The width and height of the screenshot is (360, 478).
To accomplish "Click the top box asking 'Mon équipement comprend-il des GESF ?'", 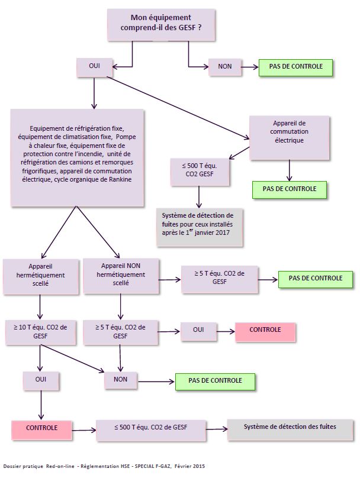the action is [x=161, y=25].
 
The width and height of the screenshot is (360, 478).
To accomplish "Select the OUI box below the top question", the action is [x=94, y=67].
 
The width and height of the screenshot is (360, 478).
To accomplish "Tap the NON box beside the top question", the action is [x=225, y=67].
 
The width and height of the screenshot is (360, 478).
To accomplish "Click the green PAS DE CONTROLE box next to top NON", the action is [x=295, y=67].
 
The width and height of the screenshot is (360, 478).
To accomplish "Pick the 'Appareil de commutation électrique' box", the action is [x=289, y=137].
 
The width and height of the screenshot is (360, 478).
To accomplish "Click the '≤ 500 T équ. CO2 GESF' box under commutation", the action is [x=200, y=172].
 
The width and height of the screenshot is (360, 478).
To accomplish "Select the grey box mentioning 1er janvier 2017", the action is [x=200, y=227].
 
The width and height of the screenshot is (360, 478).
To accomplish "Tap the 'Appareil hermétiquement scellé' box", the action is [x=41, y=276].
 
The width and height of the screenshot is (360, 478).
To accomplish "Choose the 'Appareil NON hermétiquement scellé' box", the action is [x=121, y=276].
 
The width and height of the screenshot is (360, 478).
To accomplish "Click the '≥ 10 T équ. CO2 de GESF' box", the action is [x=40, y=332].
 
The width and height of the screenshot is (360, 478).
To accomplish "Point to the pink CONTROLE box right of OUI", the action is [x=265, y=332].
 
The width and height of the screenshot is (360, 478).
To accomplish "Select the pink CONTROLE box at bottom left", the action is [x=41, y=430].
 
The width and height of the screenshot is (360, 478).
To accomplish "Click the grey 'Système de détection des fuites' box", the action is [x=290, y=429].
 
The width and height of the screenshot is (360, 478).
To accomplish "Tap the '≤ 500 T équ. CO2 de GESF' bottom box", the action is [x=151, y=430].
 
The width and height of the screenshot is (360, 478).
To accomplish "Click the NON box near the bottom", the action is [x=121, y=380].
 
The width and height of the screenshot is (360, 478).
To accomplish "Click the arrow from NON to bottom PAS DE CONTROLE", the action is [x=156, y=382].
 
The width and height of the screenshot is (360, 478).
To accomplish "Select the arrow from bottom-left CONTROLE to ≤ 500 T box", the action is [x=84, y=430].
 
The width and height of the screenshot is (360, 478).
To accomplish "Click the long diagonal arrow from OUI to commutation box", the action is [x=178, y=108].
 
